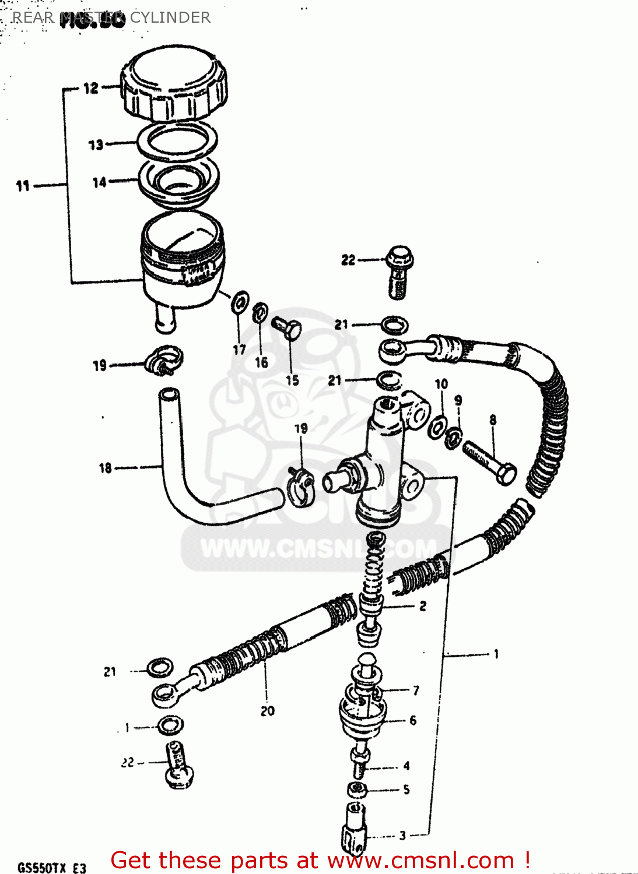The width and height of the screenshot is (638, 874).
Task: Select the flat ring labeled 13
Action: point(177,143)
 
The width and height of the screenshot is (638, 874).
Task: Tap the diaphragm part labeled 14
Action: point(178,181)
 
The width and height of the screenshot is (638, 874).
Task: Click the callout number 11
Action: point(22,186)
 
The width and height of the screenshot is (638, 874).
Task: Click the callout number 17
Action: point(239,350)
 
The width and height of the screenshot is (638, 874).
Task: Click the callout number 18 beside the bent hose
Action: point(105,468)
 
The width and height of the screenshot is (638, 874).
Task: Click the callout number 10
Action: point(441,383)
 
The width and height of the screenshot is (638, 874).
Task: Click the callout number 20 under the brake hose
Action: point(267,711)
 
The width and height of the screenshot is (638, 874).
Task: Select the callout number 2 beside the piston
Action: point(423,606)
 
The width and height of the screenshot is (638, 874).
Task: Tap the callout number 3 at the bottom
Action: point(402,836)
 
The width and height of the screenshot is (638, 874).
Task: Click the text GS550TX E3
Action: point(51,868)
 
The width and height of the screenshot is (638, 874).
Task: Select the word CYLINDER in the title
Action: point(170,17)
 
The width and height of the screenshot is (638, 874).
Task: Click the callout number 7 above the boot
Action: point(416,690)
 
